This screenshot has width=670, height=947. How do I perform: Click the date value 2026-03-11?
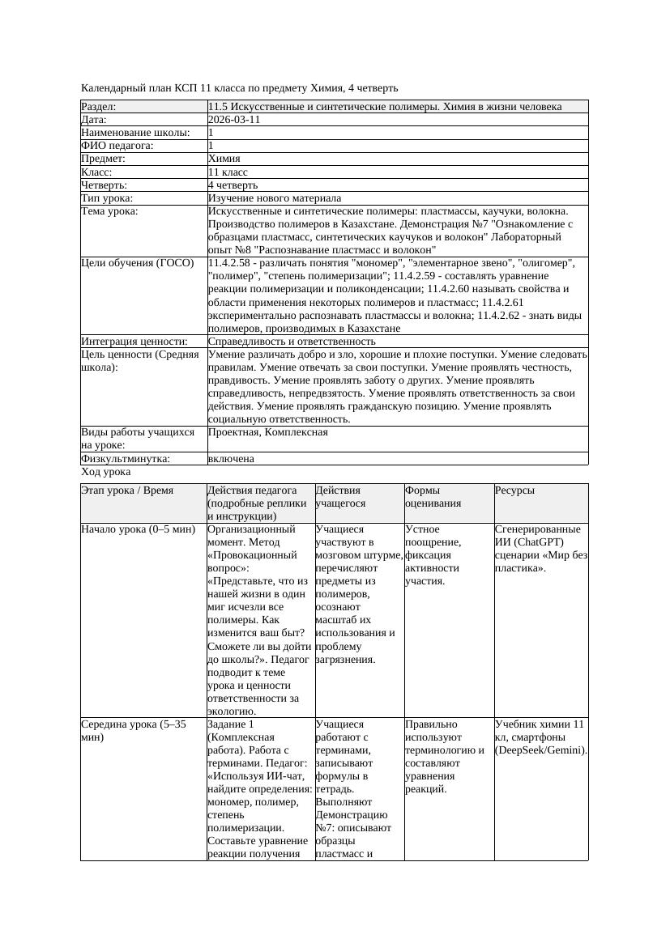coord(234,120)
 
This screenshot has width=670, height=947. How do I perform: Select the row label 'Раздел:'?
coord(99,107)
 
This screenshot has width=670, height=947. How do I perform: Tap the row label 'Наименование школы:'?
coord(135,133)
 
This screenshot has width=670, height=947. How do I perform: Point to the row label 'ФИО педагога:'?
coord(117,146)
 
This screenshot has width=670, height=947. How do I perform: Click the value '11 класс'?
coord(228,172)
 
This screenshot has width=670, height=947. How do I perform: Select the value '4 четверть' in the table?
coord(233,185)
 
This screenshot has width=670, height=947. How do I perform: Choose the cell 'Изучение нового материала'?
coord(275,198)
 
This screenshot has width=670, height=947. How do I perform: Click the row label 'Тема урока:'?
coord(110,211)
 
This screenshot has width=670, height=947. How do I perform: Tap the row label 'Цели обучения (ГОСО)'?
coord(138,263)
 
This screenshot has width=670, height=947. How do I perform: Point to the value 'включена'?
coord(231,459)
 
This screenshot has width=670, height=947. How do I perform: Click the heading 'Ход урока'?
coord(106,472)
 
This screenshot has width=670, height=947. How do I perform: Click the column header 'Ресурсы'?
coord(514,490)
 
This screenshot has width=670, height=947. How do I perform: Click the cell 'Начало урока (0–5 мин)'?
coord(139,529)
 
